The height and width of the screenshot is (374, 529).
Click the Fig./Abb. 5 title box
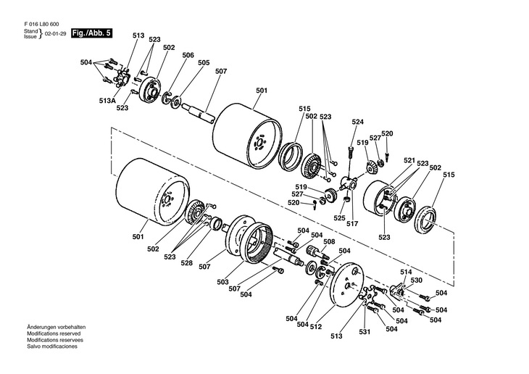tap(91, 33)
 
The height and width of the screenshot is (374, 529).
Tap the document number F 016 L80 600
tap(42, 25)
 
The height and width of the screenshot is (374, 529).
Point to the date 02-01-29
tap(55, 34)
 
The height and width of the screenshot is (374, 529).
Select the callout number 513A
tap(108, 100)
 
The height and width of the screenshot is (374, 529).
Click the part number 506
tap(188, 55)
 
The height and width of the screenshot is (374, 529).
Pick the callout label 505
tap(204, 63)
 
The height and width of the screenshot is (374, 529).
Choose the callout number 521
tap(409, 160)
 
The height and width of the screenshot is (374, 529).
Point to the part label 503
tap(222, 281)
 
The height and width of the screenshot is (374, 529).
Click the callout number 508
tap(329, 242)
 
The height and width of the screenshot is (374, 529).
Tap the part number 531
tap(364, 333)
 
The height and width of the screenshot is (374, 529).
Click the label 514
tap(406, 272)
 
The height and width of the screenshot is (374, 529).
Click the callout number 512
tap(315, 325)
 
